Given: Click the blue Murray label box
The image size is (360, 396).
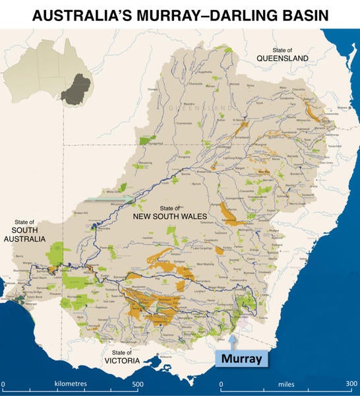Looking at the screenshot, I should [x=242, y=359].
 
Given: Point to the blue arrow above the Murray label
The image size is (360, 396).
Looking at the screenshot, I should [x=235, y=339].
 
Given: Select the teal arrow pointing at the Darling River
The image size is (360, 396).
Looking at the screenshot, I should [x=109, y=197].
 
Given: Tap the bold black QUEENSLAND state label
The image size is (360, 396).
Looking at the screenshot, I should [x=282, y=59].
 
